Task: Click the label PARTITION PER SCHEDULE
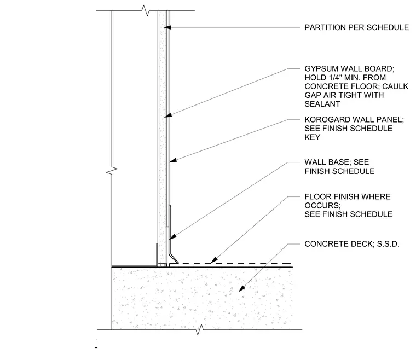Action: [x=356, y=27]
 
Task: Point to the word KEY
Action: [x=312, y=137]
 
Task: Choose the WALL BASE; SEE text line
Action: [x=337, y=162]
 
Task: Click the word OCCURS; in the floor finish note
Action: [x=322, y=206]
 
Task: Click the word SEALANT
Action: [x=322, y=104]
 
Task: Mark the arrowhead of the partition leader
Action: [x=167, y=27]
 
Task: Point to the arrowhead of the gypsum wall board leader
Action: [x=168, y=115]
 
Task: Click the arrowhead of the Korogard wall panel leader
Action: [x=173, y=160]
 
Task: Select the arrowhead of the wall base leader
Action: [x=172, y=236]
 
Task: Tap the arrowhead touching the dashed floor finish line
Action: [x=214, y=260]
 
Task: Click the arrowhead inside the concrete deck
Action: [x=241, y=289]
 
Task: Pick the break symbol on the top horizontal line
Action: [x=146, y=10]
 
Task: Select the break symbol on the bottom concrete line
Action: [x=200, y=330]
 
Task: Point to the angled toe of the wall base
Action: [x=174, y=259]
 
